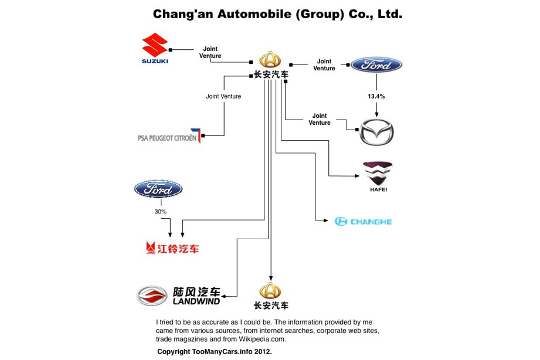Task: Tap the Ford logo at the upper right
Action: [376, 65]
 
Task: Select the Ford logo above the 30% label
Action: [158, 189]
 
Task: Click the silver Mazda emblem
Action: [377, 132]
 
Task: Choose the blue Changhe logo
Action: [363, 221]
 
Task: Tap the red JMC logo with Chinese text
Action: [172, 248]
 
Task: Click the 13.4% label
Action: [376, 96]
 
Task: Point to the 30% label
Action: [161, 211]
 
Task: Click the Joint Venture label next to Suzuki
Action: [210, 52]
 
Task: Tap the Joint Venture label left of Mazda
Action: [320, 119]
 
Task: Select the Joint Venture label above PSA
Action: [223, 96]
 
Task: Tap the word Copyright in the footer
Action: [174, 352]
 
